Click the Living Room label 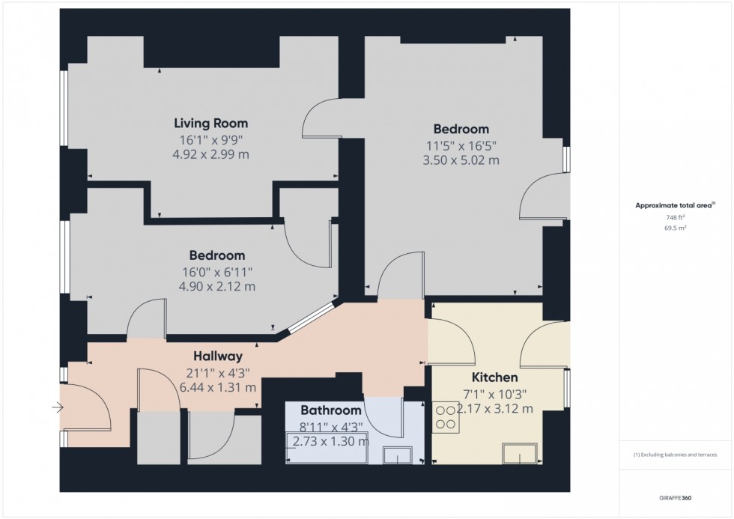point(210,124)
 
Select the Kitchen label point(494,377)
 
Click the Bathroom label point(330,410)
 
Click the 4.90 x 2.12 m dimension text point(216,286)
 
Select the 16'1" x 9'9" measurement point(210,140)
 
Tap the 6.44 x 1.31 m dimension point(217,387)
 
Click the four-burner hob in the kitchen point(446,417)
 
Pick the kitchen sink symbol point(521,453)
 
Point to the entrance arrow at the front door point(58,407)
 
